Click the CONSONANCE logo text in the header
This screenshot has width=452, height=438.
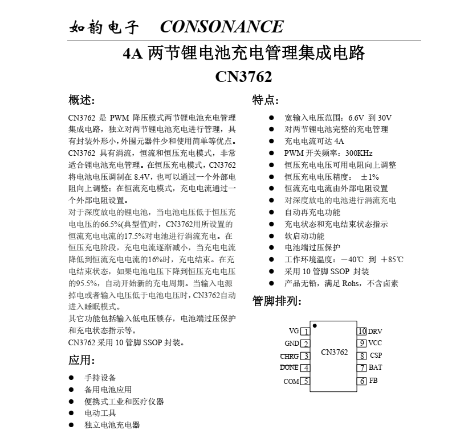[x=221, y=27]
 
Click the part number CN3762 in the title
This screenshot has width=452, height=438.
[x=243, y=77]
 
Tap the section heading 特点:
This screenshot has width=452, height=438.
[x=266, y=100]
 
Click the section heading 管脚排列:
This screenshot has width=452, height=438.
[x=277, y=301]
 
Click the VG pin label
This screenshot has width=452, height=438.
[x=294, y=331]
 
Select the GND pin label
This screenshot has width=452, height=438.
[x=291, y=344]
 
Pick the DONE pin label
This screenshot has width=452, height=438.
[x=289, y=367]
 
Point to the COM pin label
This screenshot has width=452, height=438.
[x=291, y=382]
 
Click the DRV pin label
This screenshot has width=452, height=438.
[x=375, y=331]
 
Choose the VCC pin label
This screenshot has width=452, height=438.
[x=375, y=343]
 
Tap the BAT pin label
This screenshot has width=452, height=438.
[x=375, y=367]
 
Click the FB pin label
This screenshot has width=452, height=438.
[x=373, y=381]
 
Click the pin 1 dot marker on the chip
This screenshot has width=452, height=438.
[x=315, y=326]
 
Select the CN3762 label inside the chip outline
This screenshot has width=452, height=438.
[x=334, y=352]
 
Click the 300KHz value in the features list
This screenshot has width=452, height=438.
[x=359, y=153]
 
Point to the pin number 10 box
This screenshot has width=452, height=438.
[x=362, y=331]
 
